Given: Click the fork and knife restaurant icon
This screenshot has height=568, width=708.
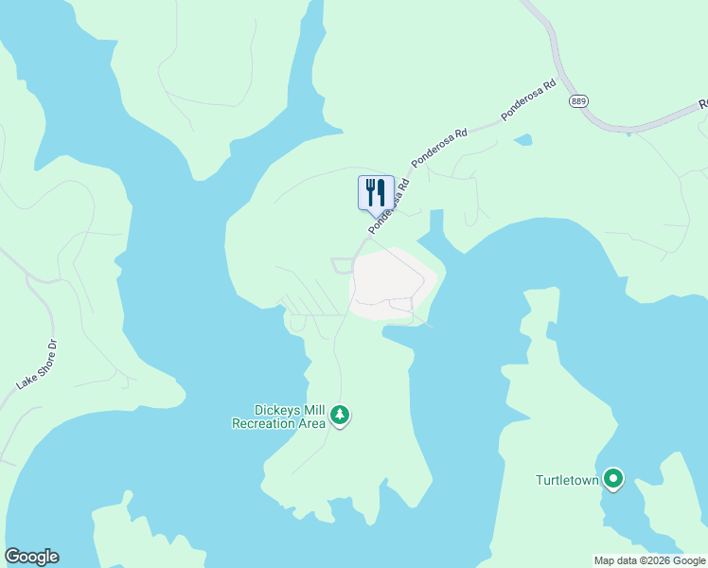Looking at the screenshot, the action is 376,192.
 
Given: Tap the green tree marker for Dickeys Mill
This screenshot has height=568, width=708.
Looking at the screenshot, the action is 340,415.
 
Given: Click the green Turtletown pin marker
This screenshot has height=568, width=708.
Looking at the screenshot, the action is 613,480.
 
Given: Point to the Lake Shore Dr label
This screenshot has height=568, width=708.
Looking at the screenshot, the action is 37,364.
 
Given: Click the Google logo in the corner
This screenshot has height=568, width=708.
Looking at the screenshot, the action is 31,557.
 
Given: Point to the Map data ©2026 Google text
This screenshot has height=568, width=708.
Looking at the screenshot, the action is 649,560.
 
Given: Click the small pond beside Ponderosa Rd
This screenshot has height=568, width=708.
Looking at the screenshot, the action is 522,140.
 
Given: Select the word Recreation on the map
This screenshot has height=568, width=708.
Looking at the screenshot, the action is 263,423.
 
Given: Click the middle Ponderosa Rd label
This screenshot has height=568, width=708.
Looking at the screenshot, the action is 439,149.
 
